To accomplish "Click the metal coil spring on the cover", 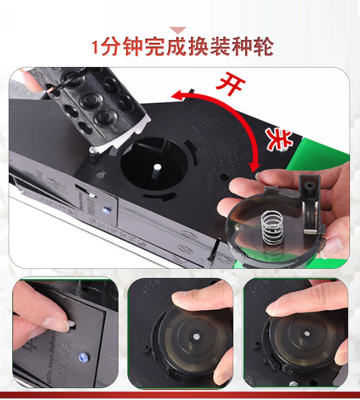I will [x=273, y=227].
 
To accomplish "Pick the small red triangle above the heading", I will [x=178, y=31].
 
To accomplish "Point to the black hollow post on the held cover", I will [x=309, y=187].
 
